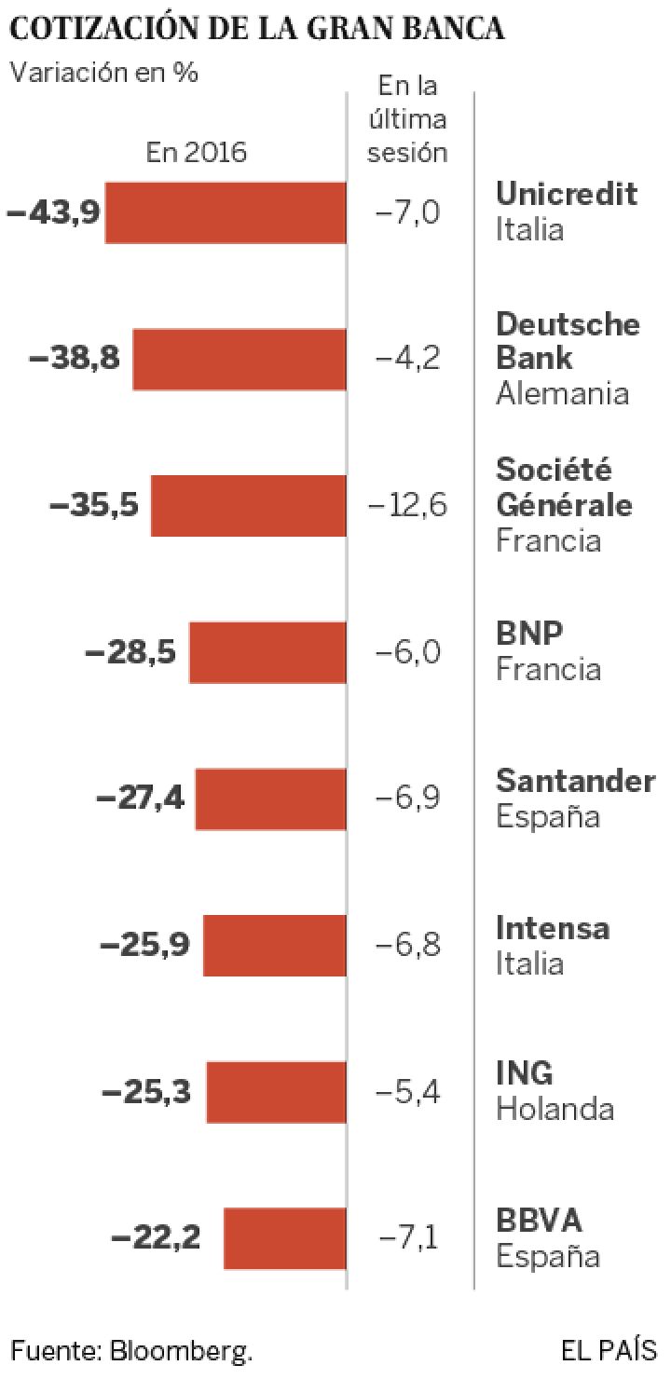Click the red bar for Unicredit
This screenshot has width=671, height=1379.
(226, 212)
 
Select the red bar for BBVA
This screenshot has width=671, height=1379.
(285, 1238)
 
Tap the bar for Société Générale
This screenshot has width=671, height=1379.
(249, 506)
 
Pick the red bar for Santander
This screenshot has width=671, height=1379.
(271, 799)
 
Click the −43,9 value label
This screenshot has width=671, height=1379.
(52, 212)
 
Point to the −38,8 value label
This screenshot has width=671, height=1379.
(75, 359)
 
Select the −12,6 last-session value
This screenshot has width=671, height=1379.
(408, 506)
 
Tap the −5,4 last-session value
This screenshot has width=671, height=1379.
(408, 1091)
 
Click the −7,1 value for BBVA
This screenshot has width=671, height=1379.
(408, 1238)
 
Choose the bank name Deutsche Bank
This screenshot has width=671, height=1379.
(567, 341)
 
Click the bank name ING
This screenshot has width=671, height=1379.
(525, 1074)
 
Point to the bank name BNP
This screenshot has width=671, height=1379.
(529, 635)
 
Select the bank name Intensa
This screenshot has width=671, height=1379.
(553, 928)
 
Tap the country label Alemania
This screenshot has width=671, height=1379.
(562, 393)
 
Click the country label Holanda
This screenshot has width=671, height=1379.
(555, 1110)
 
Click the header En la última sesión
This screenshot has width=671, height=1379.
(408, 120)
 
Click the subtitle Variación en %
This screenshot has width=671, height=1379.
(103, 74)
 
